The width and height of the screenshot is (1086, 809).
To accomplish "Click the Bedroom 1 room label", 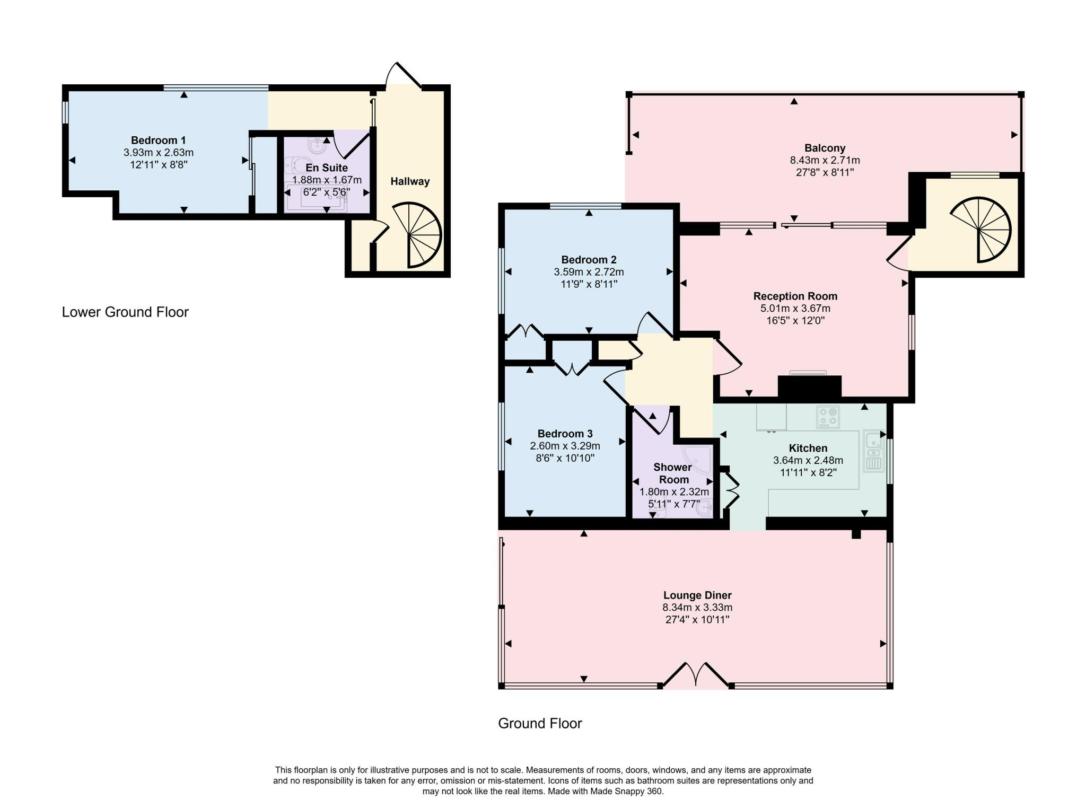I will [x=158, y=140].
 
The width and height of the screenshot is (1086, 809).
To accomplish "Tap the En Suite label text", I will [x=327, y=168].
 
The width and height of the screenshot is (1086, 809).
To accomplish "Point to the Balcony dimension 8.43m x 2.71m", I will [x=825, y=160].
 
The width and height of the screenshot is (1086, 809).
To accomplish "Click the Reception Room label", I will [x=795, y=296].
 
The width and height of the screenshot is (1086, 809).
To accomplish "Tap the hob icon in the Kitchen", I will [x=828, y=417].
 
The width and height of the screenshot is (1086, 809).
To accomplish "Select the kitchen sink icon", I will [x=873, y=451].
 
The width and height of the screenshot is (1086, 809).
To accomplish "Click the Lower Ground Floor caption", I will [x=125, y=312].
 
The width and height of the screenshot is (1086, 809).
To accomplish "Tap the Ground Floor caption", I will [x=540, y=724].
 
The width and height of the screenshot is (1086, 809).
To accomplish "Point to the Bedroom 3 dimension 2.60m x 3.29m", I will [x=565, y=446].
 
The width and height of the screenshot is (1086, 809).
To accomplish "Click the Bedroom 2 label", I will [x=589, y=260].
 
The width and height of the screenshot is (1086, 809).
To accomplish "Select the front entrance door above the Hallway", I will [x=403, y=75].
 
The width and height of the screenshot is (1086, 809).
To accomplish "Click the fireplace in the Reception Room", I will [x=809, y=385].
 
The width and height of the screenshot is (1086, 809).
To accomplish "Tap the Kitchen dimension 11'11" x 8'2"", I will [x=808, y=472].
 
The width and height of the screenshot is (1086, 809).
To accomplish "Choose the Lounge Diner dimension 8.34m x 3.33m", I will [x=697, y=608].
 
